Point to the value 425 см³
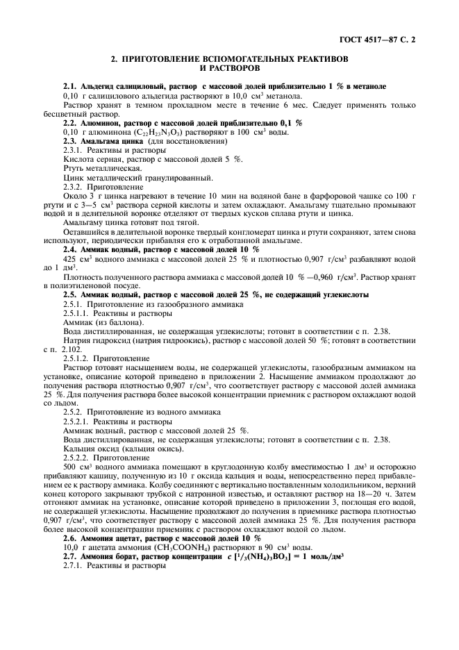pyautogui.click(x=77, y=258)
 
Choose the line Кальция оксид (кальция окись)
pyautogui.click(x=123, y=449)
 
